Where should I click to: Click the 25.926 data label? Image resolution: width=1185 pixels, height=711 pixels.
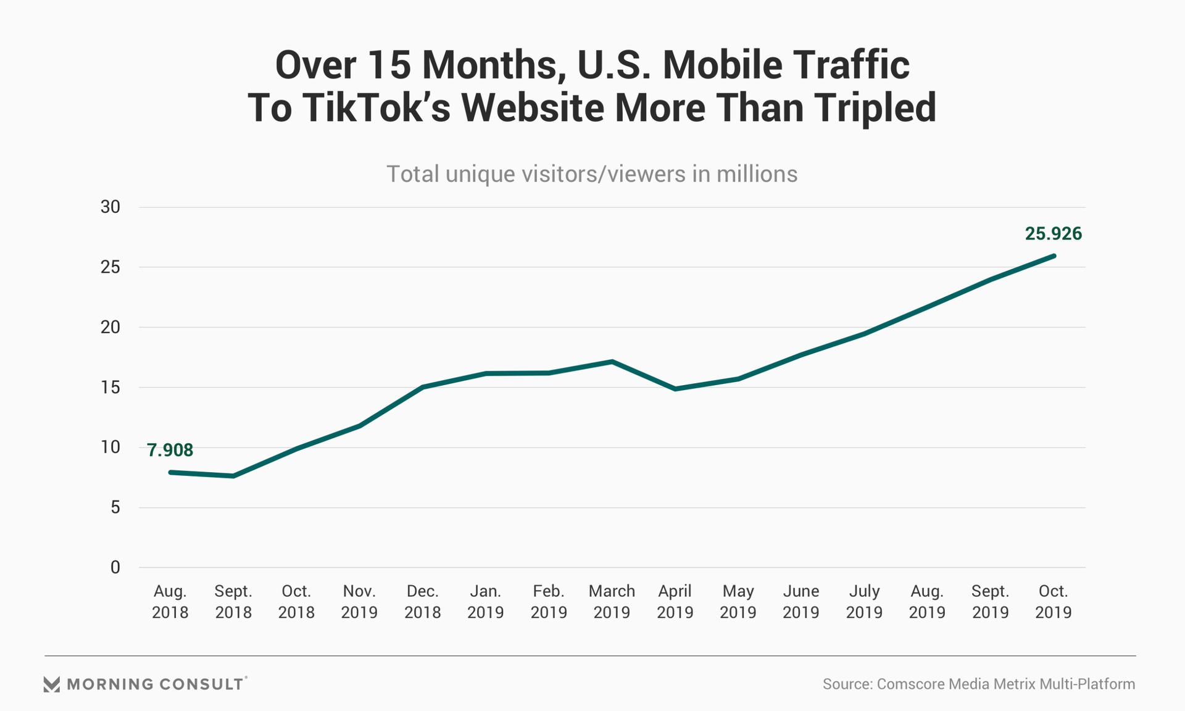point(1053,234)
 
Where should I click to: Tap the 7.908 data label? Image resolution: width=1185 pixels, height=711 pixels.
point(170,451)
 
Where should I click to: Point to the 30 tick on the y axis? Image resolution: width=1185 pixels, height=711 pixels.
point(110,207)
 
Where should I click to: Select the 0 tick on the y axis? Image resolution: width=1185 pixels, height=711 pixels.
point(115,568)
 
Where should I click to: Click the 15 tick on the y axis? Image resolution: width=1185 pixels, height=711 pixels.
point(110,388)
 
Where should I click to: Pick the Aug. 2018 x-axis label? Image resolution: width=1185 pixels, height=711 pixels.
point(170,602)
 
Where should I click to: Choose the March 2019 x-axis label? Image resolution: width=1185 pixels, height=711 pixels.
point(612,602)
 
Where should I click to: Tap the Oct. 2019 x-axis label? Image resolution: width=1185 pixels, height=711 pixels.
point(1053,602)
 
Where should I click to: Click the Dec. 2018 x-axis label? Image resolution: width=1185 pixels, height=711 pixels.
point(422,602)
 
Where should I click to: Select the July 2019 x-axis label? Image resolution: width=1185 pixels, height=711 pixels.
point(864,602)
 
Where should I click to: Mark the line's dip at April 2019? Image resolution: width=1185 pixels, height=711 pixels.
point(675,389)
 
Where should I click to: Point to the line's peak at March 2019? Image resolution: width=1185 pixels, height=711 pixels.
point(612,362)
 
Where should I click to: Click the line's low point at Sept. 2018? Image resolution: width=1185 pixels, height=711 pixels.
point(233,476)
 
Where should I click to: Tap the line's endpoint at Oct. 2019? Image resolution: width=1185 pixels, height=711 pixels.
point(1053,256)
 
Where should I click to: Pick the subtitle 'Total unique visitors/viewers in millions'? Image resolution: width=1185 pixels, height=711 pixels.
point(592,174)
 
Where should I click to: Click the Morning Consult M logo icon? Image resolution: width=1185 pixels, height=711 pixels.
point(52,684)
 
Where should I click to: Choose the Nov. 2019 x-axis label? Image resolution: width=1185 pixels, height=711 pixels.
point(359,602)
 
